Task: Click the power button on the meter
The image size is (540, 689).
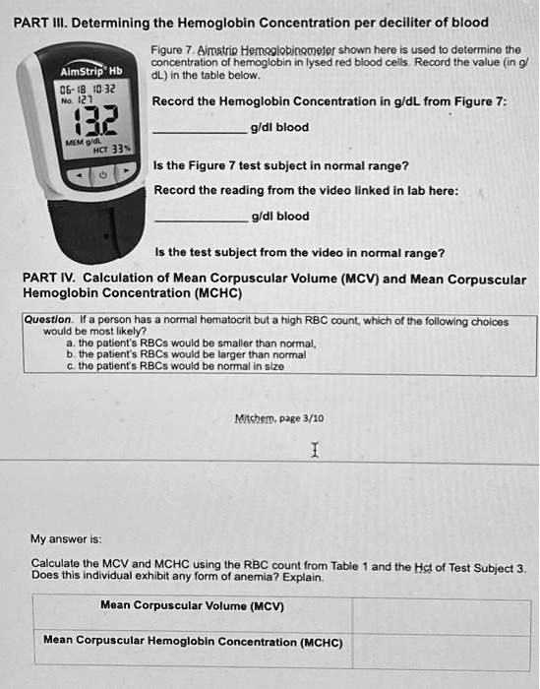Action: point(101,174)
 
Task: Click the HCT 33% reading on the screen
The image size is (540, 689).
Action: point(107,149)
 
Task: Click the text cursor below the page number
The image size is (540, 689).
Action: point(313,450)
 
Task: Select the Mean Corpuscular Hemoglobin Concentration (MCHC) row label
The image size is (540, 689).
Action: point(192,642)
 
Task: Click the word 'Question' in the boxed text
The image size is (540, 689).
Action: point(46,321)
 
